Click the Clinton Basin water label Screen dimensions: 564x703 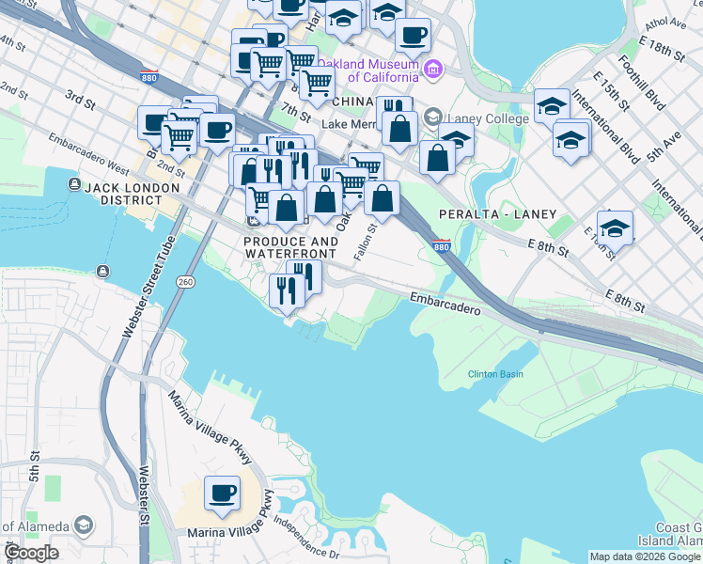pyautogui.click(x=495, y=374)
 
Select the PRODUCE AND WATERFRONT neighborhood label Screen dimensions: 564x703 pyautogui.click(x=290, y=247)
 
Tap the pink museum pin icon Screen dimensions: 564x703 pyautogui.click(x=432, y=67)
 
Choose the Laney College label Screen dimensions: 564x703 pyautogui.click(x=474, y=118)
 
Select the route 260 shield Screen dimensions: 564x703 pyautogui.click(x=185, y=281)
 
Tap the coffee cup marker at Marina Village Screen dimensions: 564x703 pyautogui.click(x=223, y=493)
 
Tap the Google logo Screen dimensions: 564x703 pyautogui.click(x=31, y=553)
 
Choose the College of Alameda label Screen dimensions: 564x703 pyautogui.click(x=33, y=525)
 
